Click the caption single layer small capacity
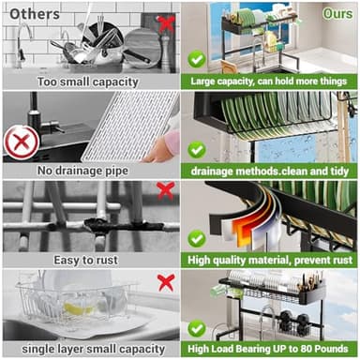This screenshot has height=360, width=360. point(89,350)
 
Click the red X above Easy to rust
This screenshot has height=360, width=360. point(166,191)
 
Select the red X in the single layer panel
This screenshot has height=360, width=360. point(165,281)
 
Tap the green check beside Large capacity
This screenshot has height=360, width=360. point(197,58)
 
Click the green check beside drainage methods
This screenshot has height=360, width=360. point(197,148)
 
